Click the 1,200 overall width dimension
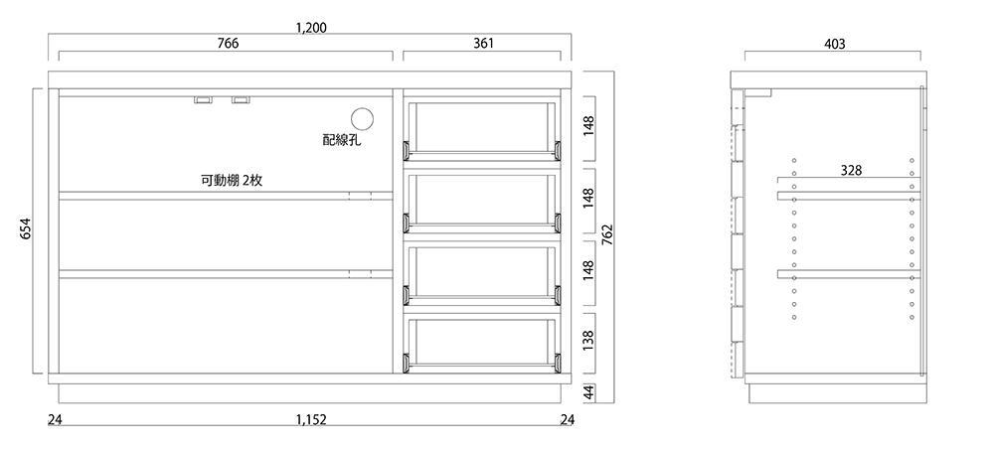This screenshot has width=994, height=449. click(311, 27)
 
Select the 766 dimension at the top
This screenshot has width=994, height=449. click(228, 44)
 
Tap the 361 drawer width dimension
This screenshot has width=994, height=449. click(483, 44)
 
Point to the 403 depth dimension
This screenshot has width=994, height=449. click(835, 45)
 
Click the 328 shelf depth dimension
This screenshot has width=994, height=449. click(851, 170)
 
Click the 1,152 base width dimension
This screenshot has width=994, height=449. click(311, 420)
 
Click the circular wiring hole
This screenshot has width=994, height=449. click(361, 117)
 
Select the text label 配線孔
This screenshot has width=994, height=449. click(342, 140)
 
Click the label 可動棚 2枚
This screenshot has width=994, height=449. click(231, 181)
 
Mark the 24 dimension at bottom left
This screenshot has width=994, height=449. click(54, 420)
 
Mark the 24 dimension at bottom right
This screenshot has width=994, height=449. click(567, 420)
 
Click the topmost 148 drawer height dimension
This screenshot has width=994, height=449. click(587, 124)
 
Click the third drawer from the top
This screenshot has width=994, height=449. click(482, 271)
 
